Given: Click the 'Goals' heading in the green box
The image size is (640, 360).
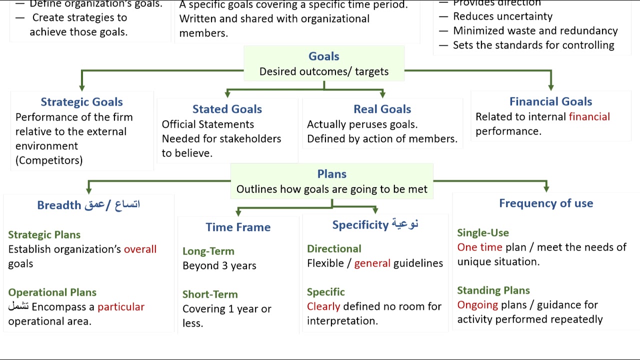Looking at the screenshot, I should click(x=323, y=56).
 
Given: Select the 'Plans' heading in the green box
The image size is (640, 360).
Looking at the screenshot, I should click(x=331, y=174).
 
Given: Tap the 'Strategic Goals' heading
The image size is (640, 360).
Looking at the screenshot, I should click(x=81, y=102).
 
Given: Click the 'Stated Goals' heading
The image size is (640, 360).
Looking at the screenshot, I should click(x=227, y=109).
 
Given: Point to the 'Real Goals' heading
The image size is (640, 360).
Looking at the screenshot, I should click(x=382, y=109).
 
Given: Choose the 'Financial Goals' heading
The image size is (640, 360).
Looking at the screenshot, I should click(x=550, y=101).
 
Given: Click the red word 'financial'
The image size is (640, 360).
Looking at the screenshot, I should click(x=589, y=117).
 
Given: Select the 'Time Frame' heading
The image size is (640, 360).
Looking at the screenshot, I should click(x=238, y=227).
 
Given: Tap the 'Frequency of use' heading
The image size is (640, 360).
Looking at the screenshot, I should click(x=546, y=203).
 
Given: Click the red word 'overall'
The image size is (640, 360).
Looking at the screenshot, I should click(x=140, y=249).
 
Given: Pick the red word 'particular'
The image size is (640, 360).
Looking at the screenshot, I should click(x=120, y=307).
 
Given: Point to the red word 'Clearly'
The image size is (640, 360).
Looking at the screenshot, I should click(x=323, y=306).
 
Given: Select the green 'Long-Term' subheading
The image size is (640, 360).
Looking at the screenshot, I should click(x=208, y=251).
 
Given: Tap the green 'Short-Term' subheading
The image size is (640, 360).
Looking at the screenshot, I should click(x=210, y=294).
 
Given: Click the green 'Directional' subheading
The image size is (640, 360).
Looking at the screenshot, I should click(x=333, y=249).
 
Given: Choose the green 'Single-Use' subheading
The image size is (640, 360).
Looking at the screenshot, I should click(x=483, y=233).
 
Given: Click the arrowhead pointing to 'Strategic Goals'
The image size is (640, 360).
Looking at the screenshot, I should click(x=82, y=87).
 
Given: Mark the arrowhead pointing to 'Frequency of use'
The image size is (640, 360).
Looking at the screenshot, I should click(x=546, y=188).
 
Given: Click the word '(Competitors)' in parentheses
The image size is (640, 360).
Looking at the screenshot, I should click(x=49, y=160).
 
